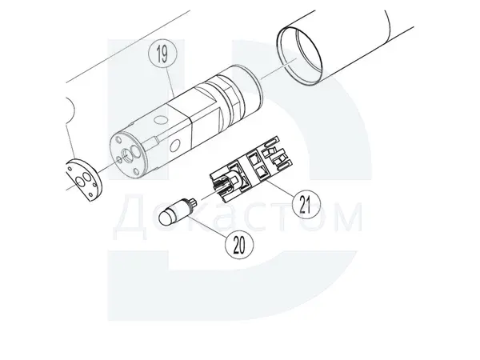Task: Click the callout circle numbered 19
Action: point(162,54)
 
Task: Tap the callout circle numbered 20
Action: point(239,244)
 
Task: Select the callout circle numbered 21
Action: point(306,204)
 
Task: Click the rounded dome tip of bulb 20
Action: point(166,218)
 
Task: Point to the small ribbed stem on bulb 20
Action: point(193,202)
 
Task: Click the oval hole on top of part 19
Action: point(161,119)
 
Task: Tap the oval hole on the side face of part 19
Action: point(175,145)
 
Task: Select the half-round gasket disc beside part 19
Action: point(82,180)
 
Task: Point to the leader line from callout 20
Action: point(208,226)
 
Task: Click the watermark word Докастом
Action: point(238,217)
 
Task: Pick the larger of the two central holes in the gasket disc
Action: point(87,178)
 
